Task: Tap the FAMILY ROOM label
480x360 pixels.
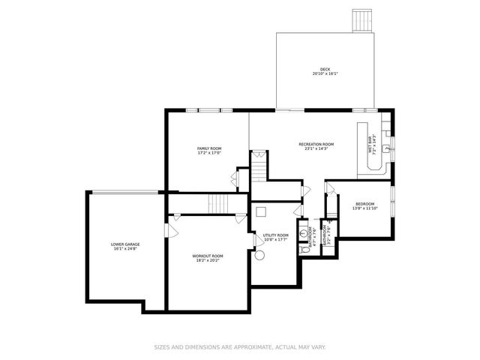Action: [209, 148]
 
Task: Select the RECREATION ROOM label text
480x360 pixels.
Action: [316, 144]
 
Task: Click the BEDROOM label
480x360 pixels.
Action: [364, 204]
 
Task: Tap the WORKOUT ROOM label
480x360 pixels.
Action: [208, 256]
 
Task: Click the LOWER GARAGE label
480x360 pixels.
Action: [125, 244]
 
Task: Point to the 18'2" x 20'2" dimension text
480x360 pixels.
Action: [208, 261]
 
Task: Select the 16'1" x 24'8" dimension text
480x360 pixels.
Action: [125, 249]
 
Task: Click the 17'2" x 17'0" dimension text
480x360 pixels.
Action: [209, 154]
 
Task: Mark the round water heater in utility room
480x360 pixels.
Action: [260, 255]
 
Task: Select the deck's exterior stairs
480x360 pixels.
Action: [362, 20]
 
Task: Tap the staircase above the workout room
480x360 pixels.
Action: [218, 202]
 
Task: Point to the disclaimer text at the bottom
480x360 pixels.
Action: [240, 346]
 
